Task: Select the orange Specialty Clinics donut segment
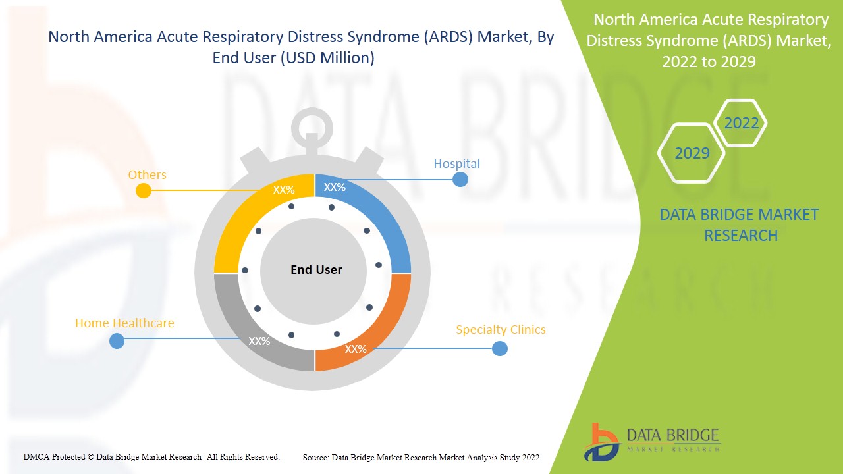pos(382,323)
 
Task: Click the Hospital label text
pos(456,163)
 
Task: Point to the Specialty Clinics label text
pos(501,329)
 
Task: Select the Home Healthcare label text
pos(124,323)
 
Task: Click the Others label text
pos(147,174)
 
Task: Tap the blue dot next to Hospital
pos(460,179)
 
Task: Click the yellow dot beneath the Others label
pos(143,191)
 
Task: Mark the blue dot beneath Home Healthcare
pos(117,341)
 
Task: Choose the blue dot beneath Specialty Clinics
pos(500,348)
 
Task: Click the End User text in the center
pos(316,269)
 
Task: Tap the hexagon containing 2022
pos(741,123)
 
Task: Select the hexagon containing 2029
pos(692,153)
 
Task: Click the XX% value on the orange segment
pos(356,349)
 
